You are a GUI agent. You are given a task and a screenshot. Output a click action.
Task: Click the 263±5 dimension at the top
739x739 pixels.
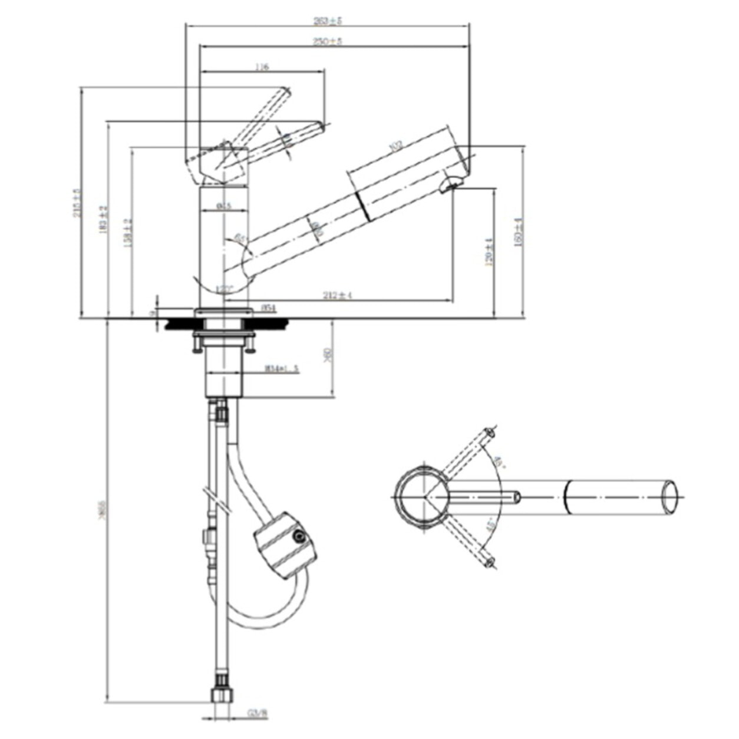point(328,21)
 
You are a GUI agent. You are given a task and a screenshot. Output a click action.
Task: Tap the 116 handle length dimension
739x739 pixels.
point(262,67)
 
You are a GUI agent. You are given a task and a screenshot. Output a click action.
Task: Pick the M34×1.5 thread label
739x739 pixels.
point(282,369)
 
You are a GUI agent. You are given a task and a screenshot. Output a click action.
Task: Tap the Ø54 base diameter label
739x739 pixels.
point(269,307)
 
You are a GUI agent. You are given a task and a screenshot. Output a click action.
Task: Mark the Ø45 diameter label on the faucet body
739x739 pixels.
point(223,206)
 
